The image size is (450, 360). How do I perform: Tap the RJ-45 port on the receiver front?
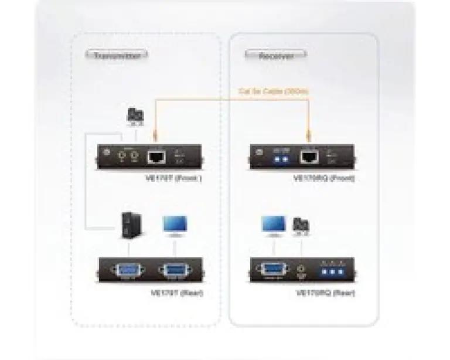click(308, 157)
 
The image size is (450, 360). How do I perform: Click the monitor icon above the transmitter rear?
click(175, 226)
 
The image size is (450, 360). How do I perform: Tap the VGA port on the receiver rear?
click(272, 270)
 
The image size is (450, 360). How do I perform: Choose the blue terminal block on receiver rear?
click(332, 273)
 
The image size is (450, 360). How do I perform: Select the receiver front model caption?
click(326, 178)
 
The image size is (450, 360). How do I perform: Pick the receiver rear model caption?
click(326, 292)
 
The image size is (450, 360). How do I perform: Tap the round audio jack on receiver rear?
click(301, 272)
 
